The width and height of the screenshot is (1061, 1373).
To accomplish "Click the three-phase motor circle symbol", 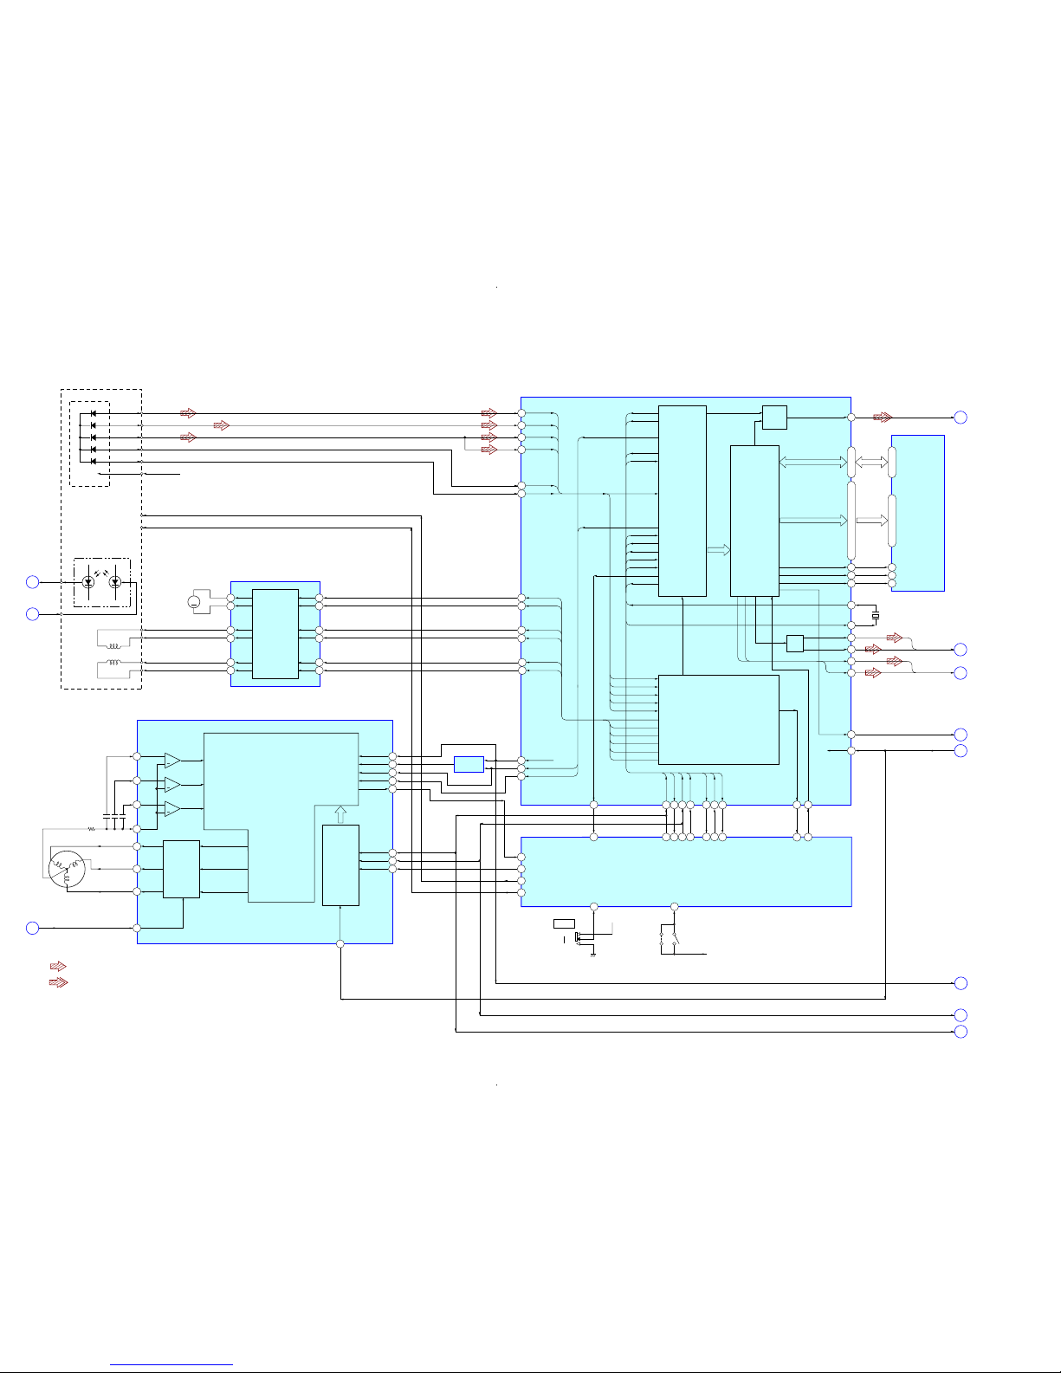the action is [67, 870].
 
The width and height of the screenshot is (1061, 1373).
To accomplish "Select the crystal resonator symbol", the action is [876, 615].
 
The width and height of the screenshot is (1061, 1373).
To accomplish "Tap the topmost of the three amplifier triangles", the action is [172, 761].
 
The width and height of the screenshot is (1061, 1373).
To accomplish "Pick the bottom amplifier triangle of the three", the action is [172, 809].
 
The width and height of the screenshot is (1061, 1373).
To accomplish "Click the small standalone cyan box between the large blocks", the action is [469, 764].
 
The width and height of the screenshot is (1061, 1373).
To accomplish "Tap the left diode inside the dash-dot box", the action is [87, 583].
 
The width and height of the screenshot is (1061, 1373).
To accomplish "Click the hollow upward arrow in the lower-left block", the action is [340, 814].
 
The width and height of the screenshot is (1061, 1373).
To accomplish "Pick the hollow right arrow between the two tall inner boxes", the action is [718, 550].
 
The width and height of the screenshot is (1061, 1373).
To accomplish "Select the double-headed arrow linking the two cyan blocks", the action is [871, 463].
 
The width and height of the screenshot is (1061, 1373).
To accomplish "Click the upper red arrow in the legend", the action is [58, 967].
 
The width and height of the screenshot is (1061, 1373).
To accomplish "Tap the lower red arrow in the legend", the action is [58, 982].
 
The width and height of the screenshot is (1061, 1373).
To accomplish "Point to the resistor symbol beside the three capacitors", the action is [90, 829].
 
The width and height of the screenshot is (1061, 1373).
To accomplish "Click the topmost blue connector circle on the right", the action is [961, 418].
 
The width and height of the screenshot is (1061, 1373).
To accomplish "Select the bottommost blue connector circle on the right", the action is [961, 1032].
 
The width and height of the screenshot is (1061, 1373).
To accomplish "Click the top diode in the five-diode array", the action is [93, 413].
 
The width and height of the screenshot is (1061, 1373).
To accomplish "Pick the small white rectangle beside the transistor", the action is [564, 923].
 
